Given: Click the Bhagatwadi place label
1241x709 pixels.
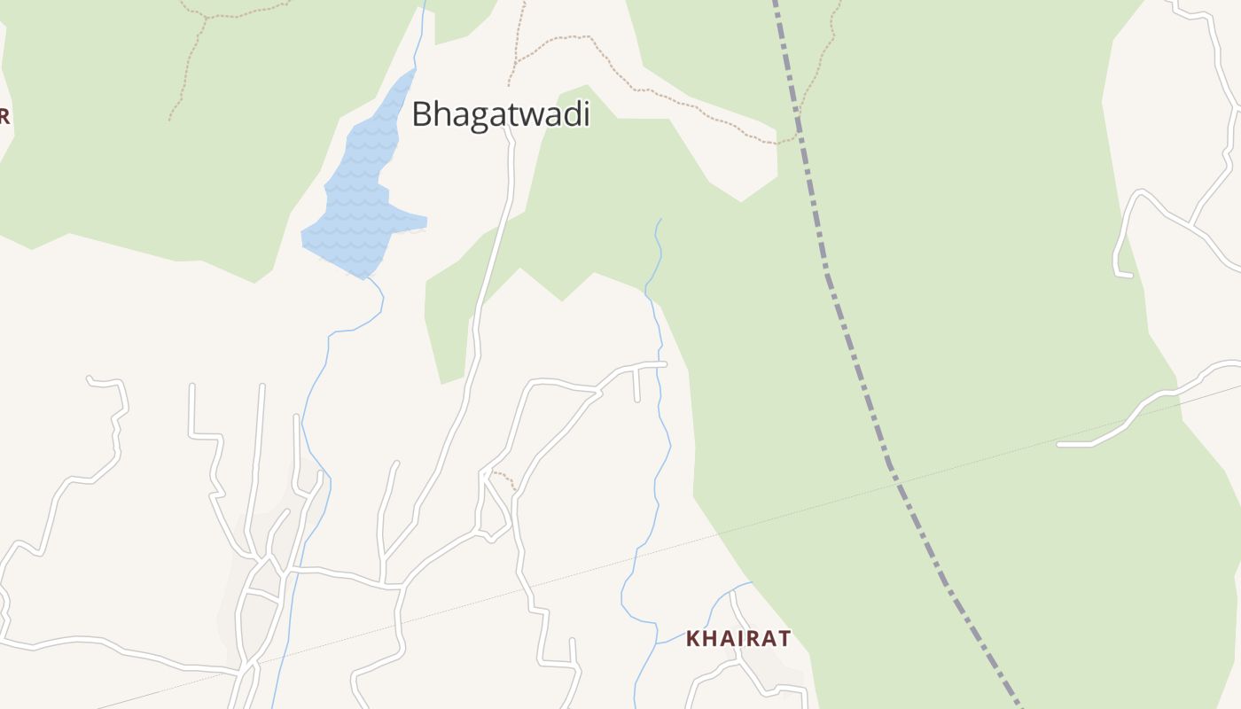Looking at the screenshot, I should [x=501, y=114].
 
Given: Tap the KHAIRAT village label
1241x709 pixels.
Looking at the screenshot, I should [x=738, y=638].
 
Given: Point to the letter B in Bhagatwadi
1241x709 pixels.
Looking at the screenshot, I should [x=422, y=114].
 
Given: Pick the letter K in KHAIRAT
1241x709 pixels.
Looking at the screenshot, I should [x=693, y=638].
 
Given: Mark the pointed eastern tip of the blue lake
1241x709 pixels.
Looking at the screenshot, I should [x=425, y=222].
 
